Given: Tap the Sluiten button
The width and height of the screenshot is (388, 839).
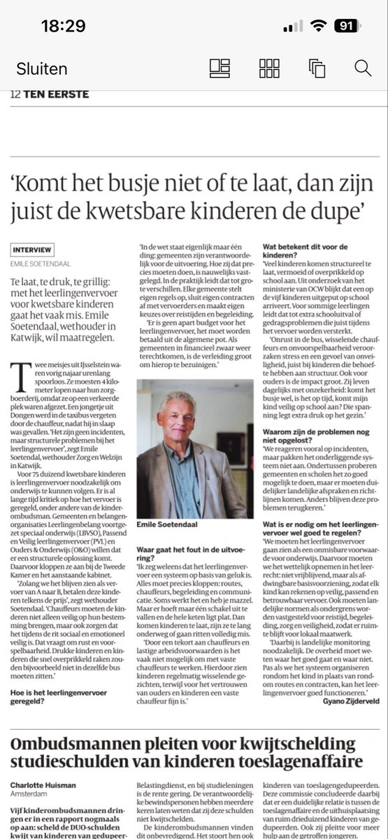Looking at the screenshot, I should pos(42,69).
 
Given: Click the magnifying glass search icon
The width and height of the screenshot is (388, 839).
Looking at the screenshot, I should pos(362,68).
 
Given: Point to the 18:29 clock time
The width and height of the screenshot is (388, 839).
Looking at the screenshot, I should pos(63,27).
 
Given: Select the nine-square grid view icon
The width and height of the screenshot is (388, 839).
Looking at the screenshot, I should pos(269,68).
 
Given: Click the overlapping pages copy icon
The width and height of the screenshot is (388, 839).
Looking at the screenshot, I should pos(316,68).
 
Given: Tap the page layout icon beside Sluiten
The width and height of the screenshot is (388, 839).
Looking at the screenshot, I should pos(220,68).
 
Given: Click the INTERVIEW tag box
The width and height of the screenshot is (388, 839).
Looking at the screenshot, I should pos(32,250).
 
